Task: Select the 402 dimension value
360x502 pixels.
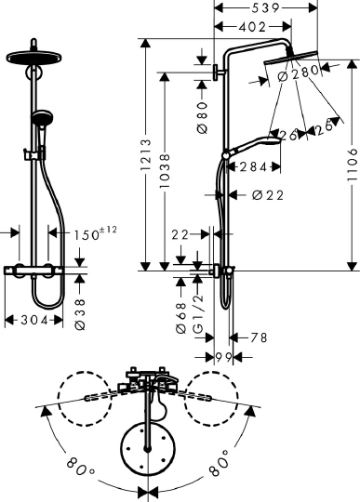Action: [237, 29]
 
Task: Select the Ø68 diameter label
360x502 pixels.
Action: [183, 303]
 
